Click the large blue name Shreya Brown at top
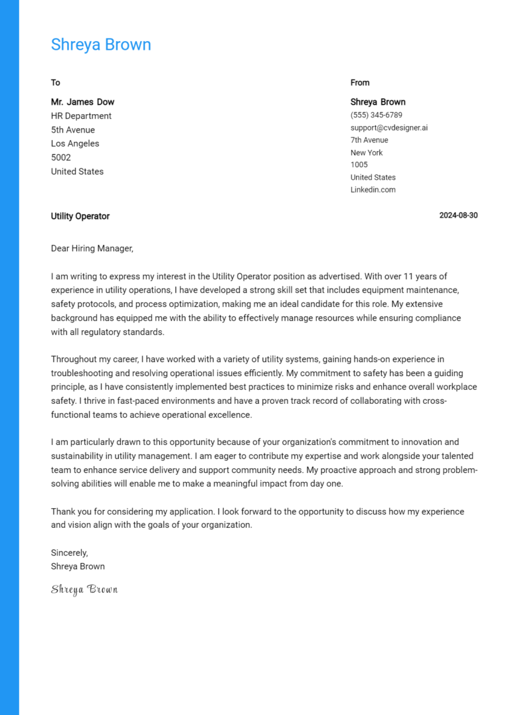101,44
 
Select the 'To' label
56,83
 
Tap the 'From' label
360,83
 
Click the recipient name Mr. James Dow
82,102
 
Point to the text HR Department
81,116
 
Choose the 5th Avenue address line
73,130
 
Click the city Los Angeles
75,144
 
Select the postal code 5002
61,158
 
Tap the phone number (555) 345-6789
376,115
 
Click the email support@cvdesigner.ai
389,127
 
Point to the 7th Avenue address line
369,140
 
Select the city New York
367,153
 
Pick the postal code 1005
359,164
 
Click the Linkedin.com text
373,190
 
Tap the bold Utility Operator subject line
80,216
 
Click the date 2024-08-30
458,216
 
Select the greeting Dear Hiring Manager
92,249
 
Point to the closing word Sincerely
69,552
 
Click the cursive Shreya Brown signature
84,589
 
